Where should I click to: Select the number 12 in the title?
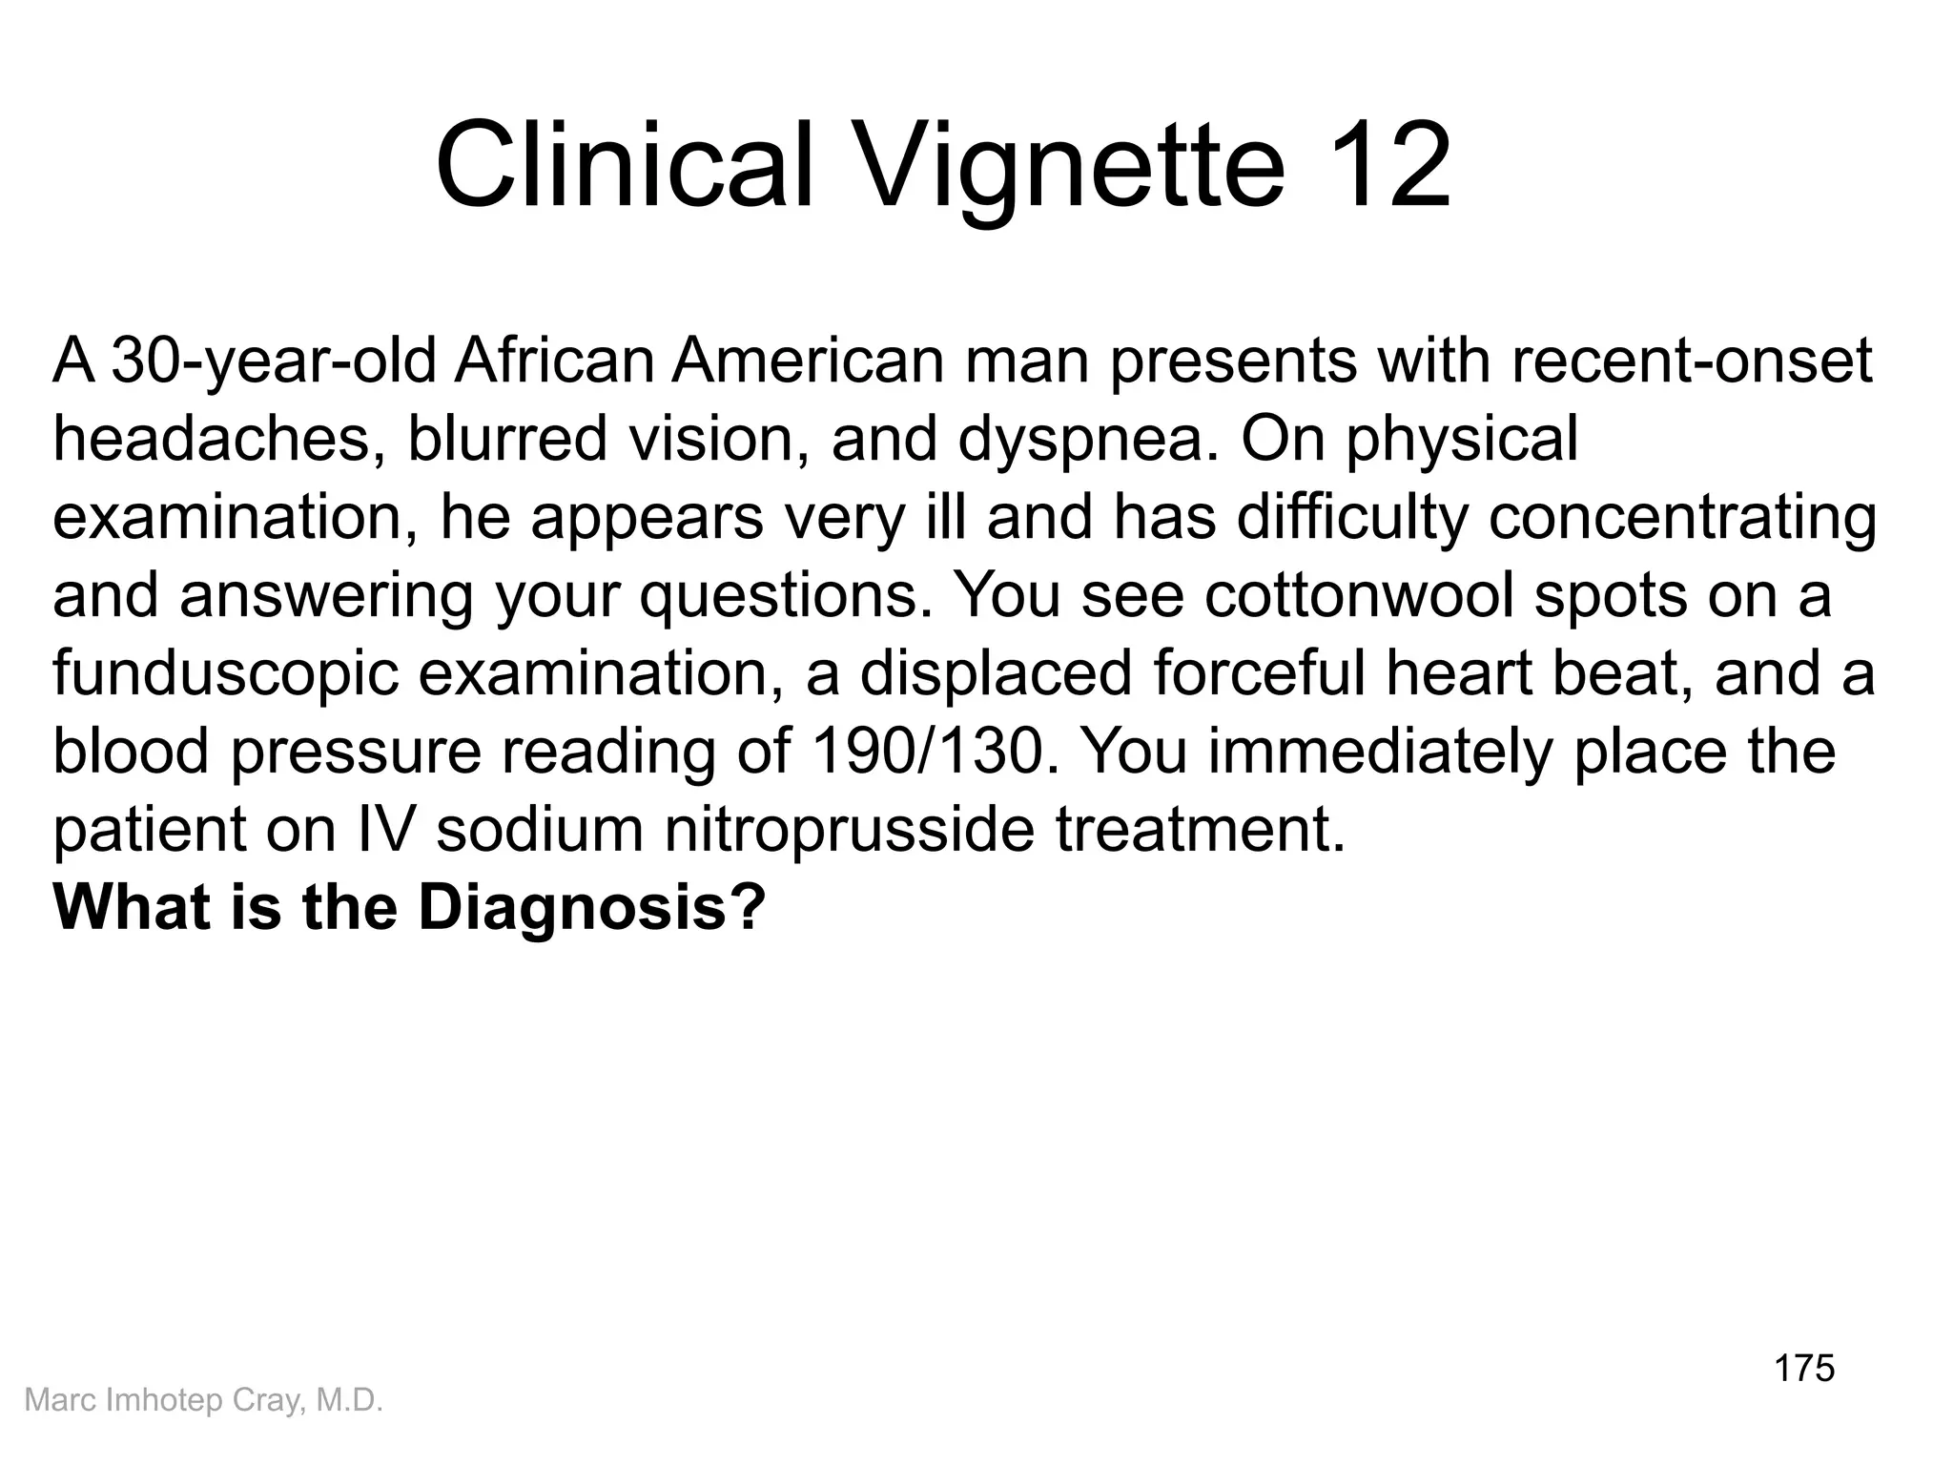point(1387,164)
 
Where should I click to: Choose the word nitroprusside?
point(849,830)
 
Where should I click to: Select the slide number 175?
point(1804,1369)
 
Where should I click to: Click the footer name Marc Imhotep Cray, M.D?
point(203,1400)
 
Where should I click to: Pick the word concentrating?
point(1682,517)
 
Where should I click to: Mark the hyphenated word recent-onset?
point(1692,361)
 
